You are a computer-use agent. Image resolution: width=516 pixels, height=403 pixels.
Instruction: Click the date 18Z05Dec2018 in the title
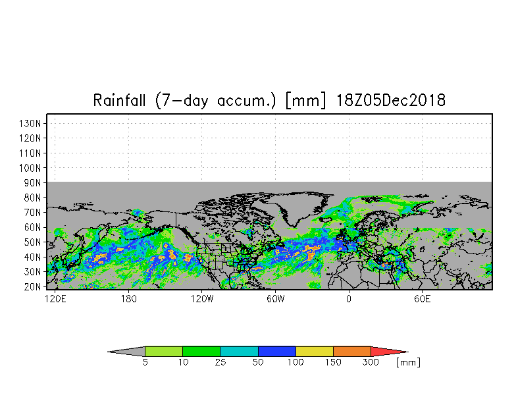coord(391,101)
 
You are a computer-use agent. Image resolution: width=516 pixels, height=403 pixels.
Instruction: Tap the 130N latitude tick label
coord(33,123)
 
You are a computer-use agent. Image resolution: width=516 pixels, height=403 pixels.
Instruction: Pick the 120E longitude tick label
coord(55,298)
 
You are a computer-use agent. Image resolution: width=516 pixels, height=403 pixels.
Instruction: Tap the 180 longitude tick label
coord(128,298)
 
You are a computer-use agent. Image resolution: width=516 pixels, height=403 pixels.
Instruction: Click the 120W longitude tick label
coord(202,298)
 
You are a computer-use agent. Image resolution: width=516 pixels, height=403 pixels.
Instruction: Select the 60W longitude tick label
coord(275,298)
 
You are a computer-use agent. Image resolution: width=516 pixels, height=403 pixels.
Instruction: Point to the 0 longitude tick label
coord(349,298)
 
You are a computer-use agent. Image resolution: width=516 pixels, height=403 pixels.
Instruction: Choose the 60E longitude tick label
coord(422,298)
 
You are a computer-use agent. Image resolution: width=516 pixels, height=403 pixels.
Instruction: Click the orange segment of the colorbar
coord(352,352)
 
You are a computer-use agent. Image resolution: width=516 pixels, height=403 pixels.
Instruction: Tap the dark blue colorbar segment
coord(277,352)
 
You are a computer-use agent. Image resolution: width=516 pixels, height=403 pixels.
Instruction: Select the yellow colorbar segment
coord(315,352)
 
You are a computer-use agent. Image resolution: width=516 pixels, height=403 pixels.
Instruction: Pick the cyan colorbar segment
coord(239,352)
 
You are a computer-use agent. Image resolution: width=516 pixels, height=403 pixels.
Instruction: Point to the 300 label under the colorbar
coord(371,362)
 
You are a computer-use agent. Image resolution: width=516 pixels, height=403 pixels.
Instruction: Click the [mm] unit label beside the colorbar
coord(408,362)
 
